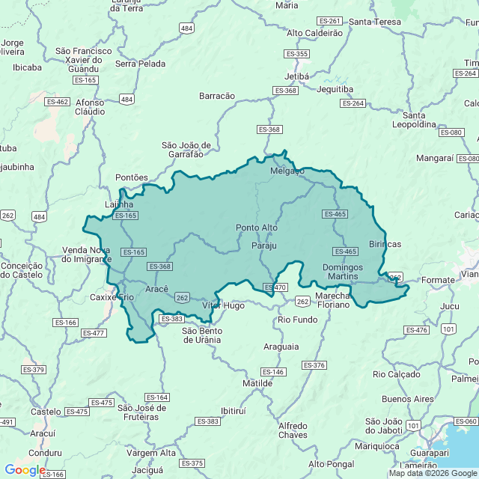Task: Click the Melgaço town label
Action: [287, 171]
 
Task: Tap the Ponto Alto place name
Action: [257, 228]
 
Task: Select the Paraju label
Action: [264, 245]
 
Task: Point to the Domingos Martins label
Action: [343, 272]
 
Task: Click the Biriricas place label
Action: [385, 245]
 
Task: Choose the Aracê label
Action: [156, 289]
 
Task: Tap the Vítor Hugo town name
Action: [223, 305]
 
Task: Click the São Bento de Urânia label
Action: [201, 335]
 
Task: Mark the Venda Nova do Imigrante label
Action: [86, 254]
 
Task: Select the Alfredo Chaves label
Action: [293, 430]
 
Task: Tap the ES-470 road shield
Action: [275, 287]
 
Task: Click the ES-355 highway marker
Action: [297, 54]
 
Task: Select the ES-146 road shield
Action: [273, 372]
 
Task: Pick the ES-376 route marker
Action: [314, 364]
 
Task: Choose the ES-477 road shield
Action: [94, 333]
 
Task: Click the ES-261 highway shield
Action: [329, 20]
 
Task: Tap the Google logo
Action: [25, 469]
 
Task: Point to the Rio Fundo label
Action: [298, 320]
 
